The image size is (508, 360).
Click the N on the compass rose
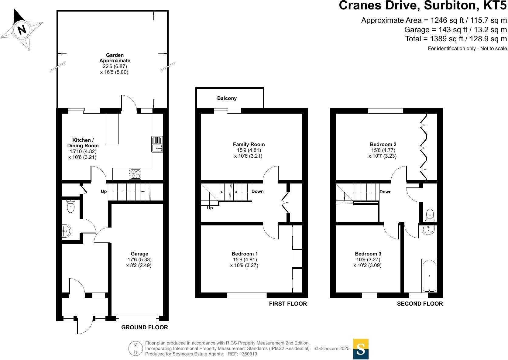[x=22, y=29]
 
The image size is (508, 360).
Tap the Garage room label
[x=139, y=254]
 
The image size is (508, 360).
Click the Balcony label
[x=227, y=98]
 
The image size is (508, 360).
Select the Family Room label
[x=249, y=144]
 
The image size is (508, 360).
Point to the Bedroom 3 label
[x=368, y=254]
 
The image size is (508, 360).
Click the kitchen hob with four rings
[x=135, y=174]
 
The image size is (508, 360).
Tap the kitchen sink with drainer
[x=157, y=144]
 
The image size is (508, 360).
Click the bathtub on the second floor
[x=429, y=276]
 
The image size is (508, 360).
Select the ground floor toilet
[x=70, y=206]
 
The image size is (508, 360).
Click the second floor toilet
[x=430, y=215]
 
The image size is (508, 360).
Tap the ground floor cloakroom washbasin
[x=67, y=231]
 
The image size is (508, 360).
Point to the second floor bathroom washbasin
[x=428, y=230]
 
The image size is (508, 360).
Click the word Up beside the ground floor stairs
[x=104, y=192]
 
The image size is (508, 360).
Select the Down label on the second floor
[x=386, y=192]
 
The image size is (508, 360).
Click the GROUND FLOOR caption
[x=144, y=327]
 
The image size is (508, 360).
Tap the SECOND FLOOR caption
[x=420, y=304]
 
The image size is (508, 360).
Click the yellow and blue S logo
[x=361, y=349]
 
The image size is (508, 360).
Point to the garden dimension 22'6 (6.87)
[x=115, y=67]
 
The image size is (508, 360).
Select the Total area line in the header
[x=456, y=39]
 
